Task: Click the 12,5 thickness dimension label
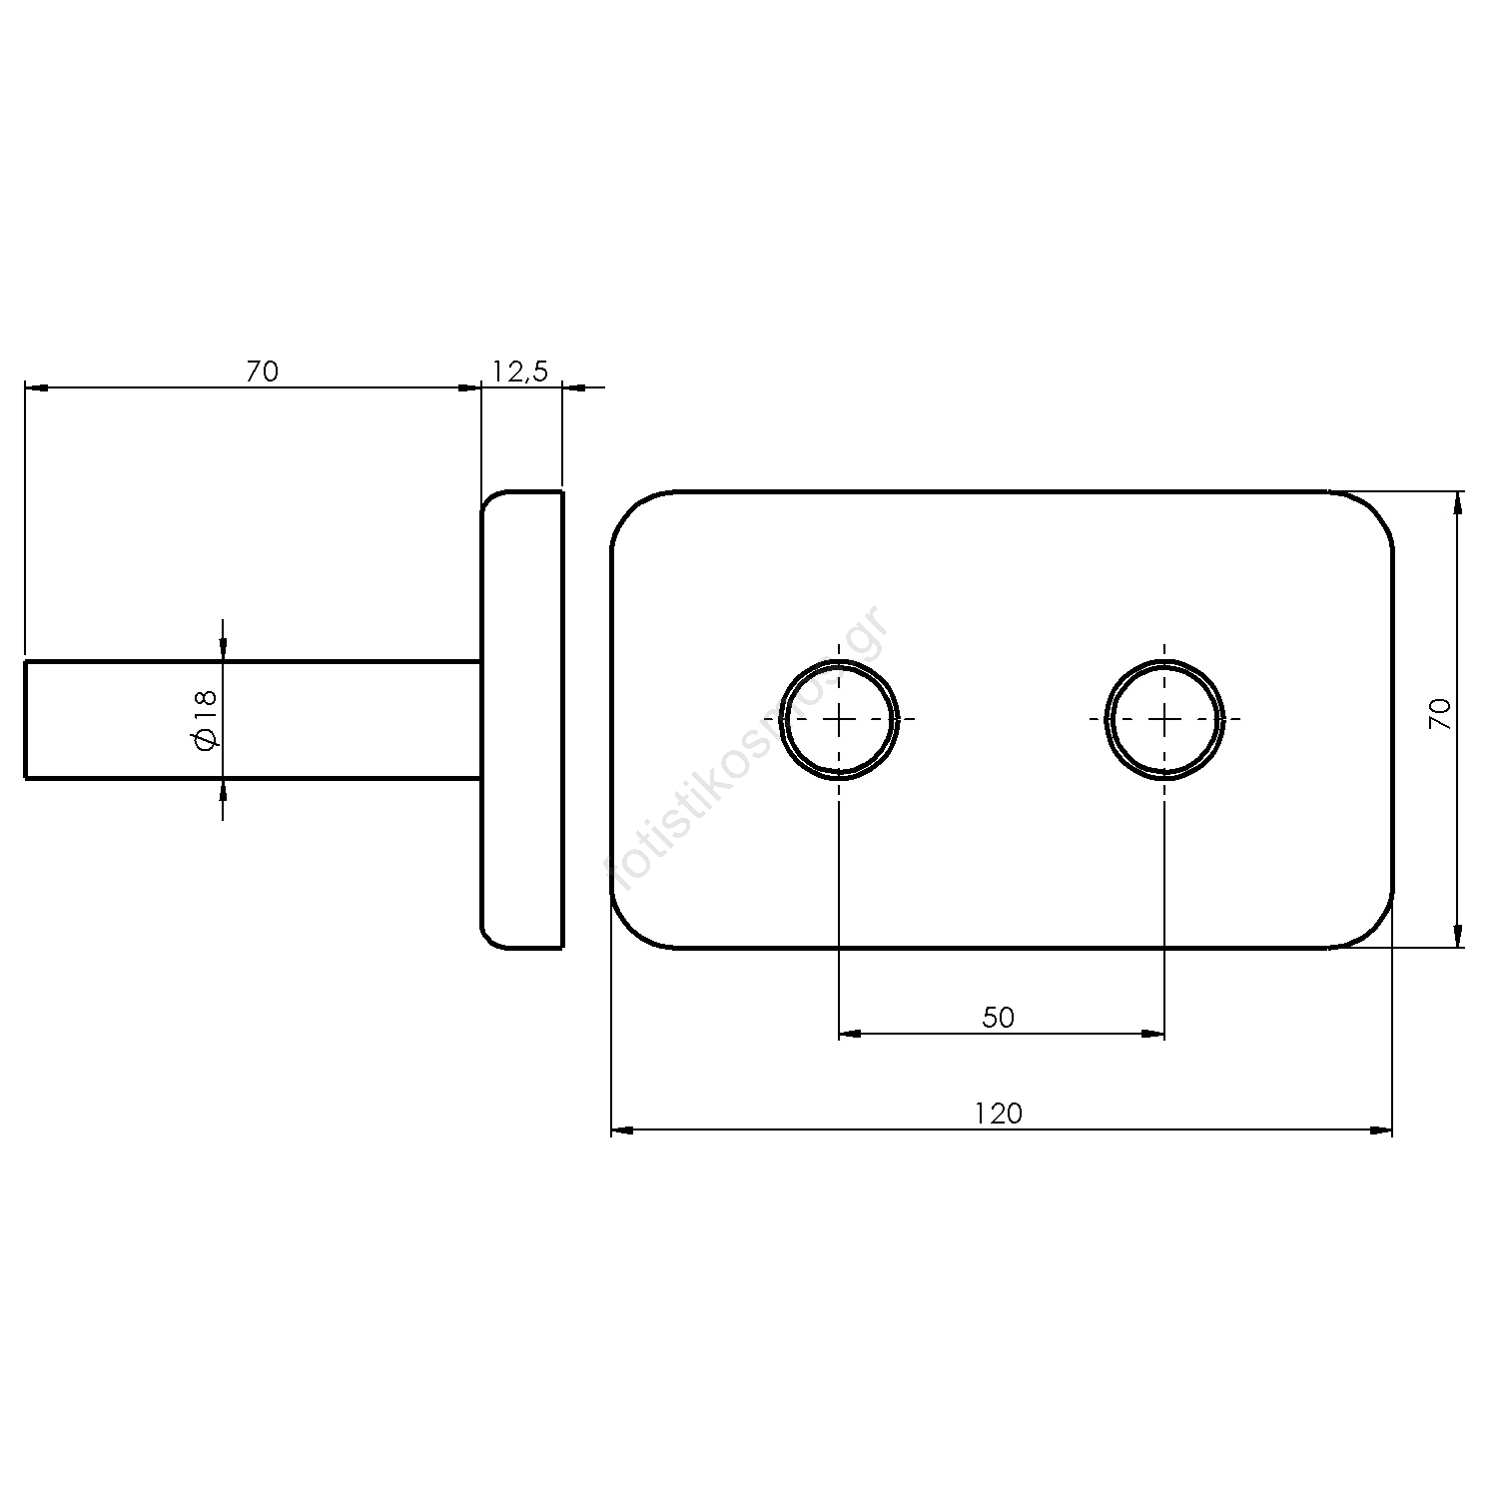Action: [x=520, y=372]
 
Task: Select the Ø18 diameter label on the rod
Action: [x=206, y=719]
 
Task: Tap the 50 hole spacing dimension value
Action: [x=998, y=1018]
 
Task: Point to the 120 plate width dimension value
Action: [x=1000, y=1113]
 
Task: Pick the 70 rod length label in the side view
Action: [x=262, y=372]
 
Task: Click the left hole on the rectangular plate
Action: [x=839, y=719]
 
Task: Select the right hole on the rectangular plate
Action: [x=1164, y=719]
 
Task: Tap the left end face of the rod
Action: [x=26, y=719]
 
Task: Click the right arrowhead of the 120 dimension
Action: [x=1380, y=1130]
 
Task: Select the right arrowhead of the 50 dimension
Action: [x=1152, y=1035]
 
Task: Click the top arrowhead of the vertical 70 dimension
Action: [x=1458, y=503]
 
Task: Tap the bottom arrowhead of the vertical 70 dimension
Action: [x=1458, y=935]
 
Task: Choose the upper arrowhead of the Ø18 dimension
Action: [x=222, y=648]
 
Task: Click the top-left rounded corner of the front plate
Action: [x=630, y=510]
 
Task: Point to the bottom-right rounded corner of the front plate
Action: [x=1374, y=929]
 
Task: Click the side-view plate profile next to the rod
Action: [x=522, y=719]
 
